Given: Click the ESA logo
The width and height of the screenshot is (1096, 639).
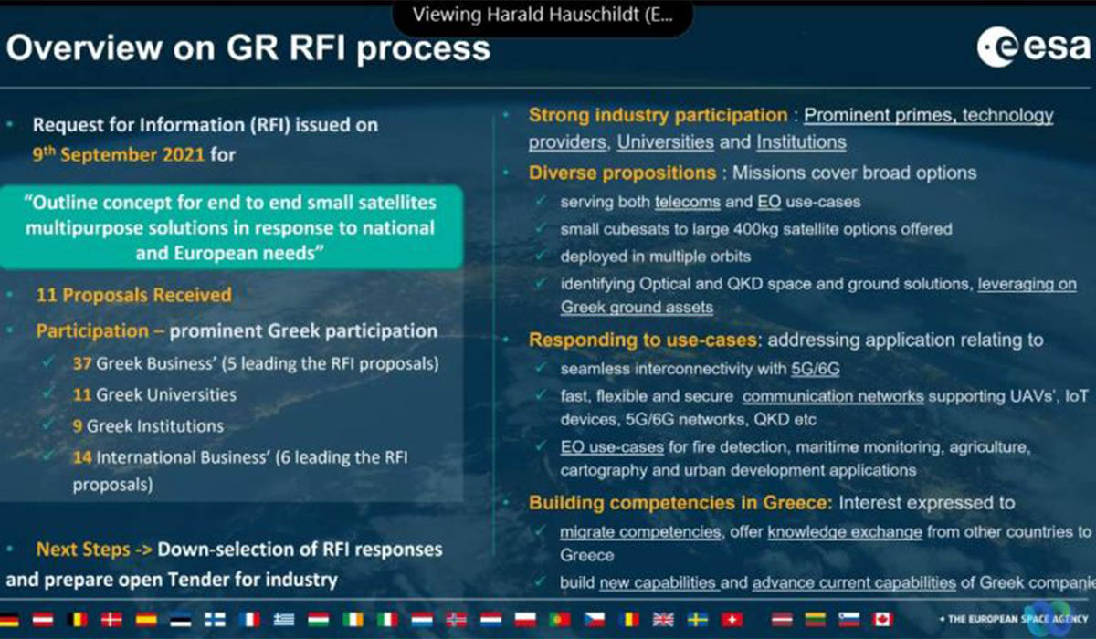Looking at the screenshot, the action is tap(1033, 47).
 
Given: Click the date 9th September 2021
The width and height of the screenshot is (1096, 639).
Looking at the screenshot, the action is tap(119, 154).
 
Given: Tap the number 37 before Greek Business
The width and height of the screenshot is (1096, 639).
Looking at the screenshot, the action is tap(82, 363).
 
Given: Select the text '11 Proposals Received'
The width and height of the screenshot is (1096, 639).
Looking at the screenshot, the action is tap(134, 295).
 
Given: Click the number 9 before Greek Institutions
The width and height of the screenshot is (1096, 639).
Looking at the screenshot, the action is tap(78, 425).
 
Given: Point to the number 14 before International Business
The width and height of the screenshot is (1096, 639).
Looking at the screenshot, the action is tap(82, 457).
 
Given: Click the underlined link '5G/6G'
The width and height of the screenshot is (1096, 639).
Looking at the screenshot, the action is tap(815, 369).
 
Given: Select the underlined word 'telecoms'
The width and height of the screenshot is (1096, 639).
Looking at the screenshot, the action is tap(688, 202).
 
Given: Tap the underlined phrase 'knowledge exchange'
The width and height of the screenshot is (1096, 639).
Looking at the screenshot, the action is tap(845, 532).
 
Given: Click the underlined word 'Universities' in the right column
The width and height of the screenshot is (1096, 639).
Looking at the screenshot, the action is tap(666, 142).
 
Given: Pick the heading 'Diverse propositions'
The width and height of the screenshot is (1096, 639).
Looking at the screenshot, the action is tap(622, 173).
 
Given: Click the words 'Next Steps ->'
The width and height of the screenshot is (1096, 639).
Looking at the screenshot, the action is tap(94, 550).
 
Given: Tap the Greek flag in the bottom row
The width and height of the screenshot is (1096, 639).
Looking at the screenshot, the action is tap(284, 620).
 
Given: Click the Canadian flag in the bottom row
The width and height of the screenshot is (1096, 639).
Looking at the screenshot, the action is tap(882, 620).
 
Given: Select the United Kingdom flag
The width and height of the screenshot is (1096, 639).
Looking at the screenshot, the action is tap(663, 620).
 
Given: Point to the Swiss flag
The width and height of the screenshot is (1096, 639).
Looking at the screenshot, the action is tap(732, 620).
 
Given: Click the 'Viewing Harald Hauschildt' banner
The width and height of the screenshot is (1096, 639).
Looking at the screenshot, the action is tap(543, 16).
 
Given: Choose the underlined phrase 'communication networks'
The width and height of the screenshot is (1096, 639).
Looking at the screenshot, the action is tap(833, 396).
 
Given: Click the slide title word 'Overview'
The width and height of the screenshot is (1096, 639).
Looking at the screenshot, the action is tap(84, 47).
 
